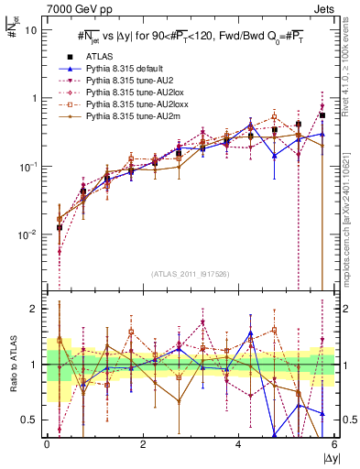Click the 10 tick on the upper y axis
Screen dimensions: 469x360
tap(36, 29)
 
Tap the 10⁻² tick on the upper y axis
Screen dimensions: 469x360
tap(32, 234)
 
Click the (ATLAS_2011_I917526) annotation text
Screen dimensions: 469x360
tap(191, 275)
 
